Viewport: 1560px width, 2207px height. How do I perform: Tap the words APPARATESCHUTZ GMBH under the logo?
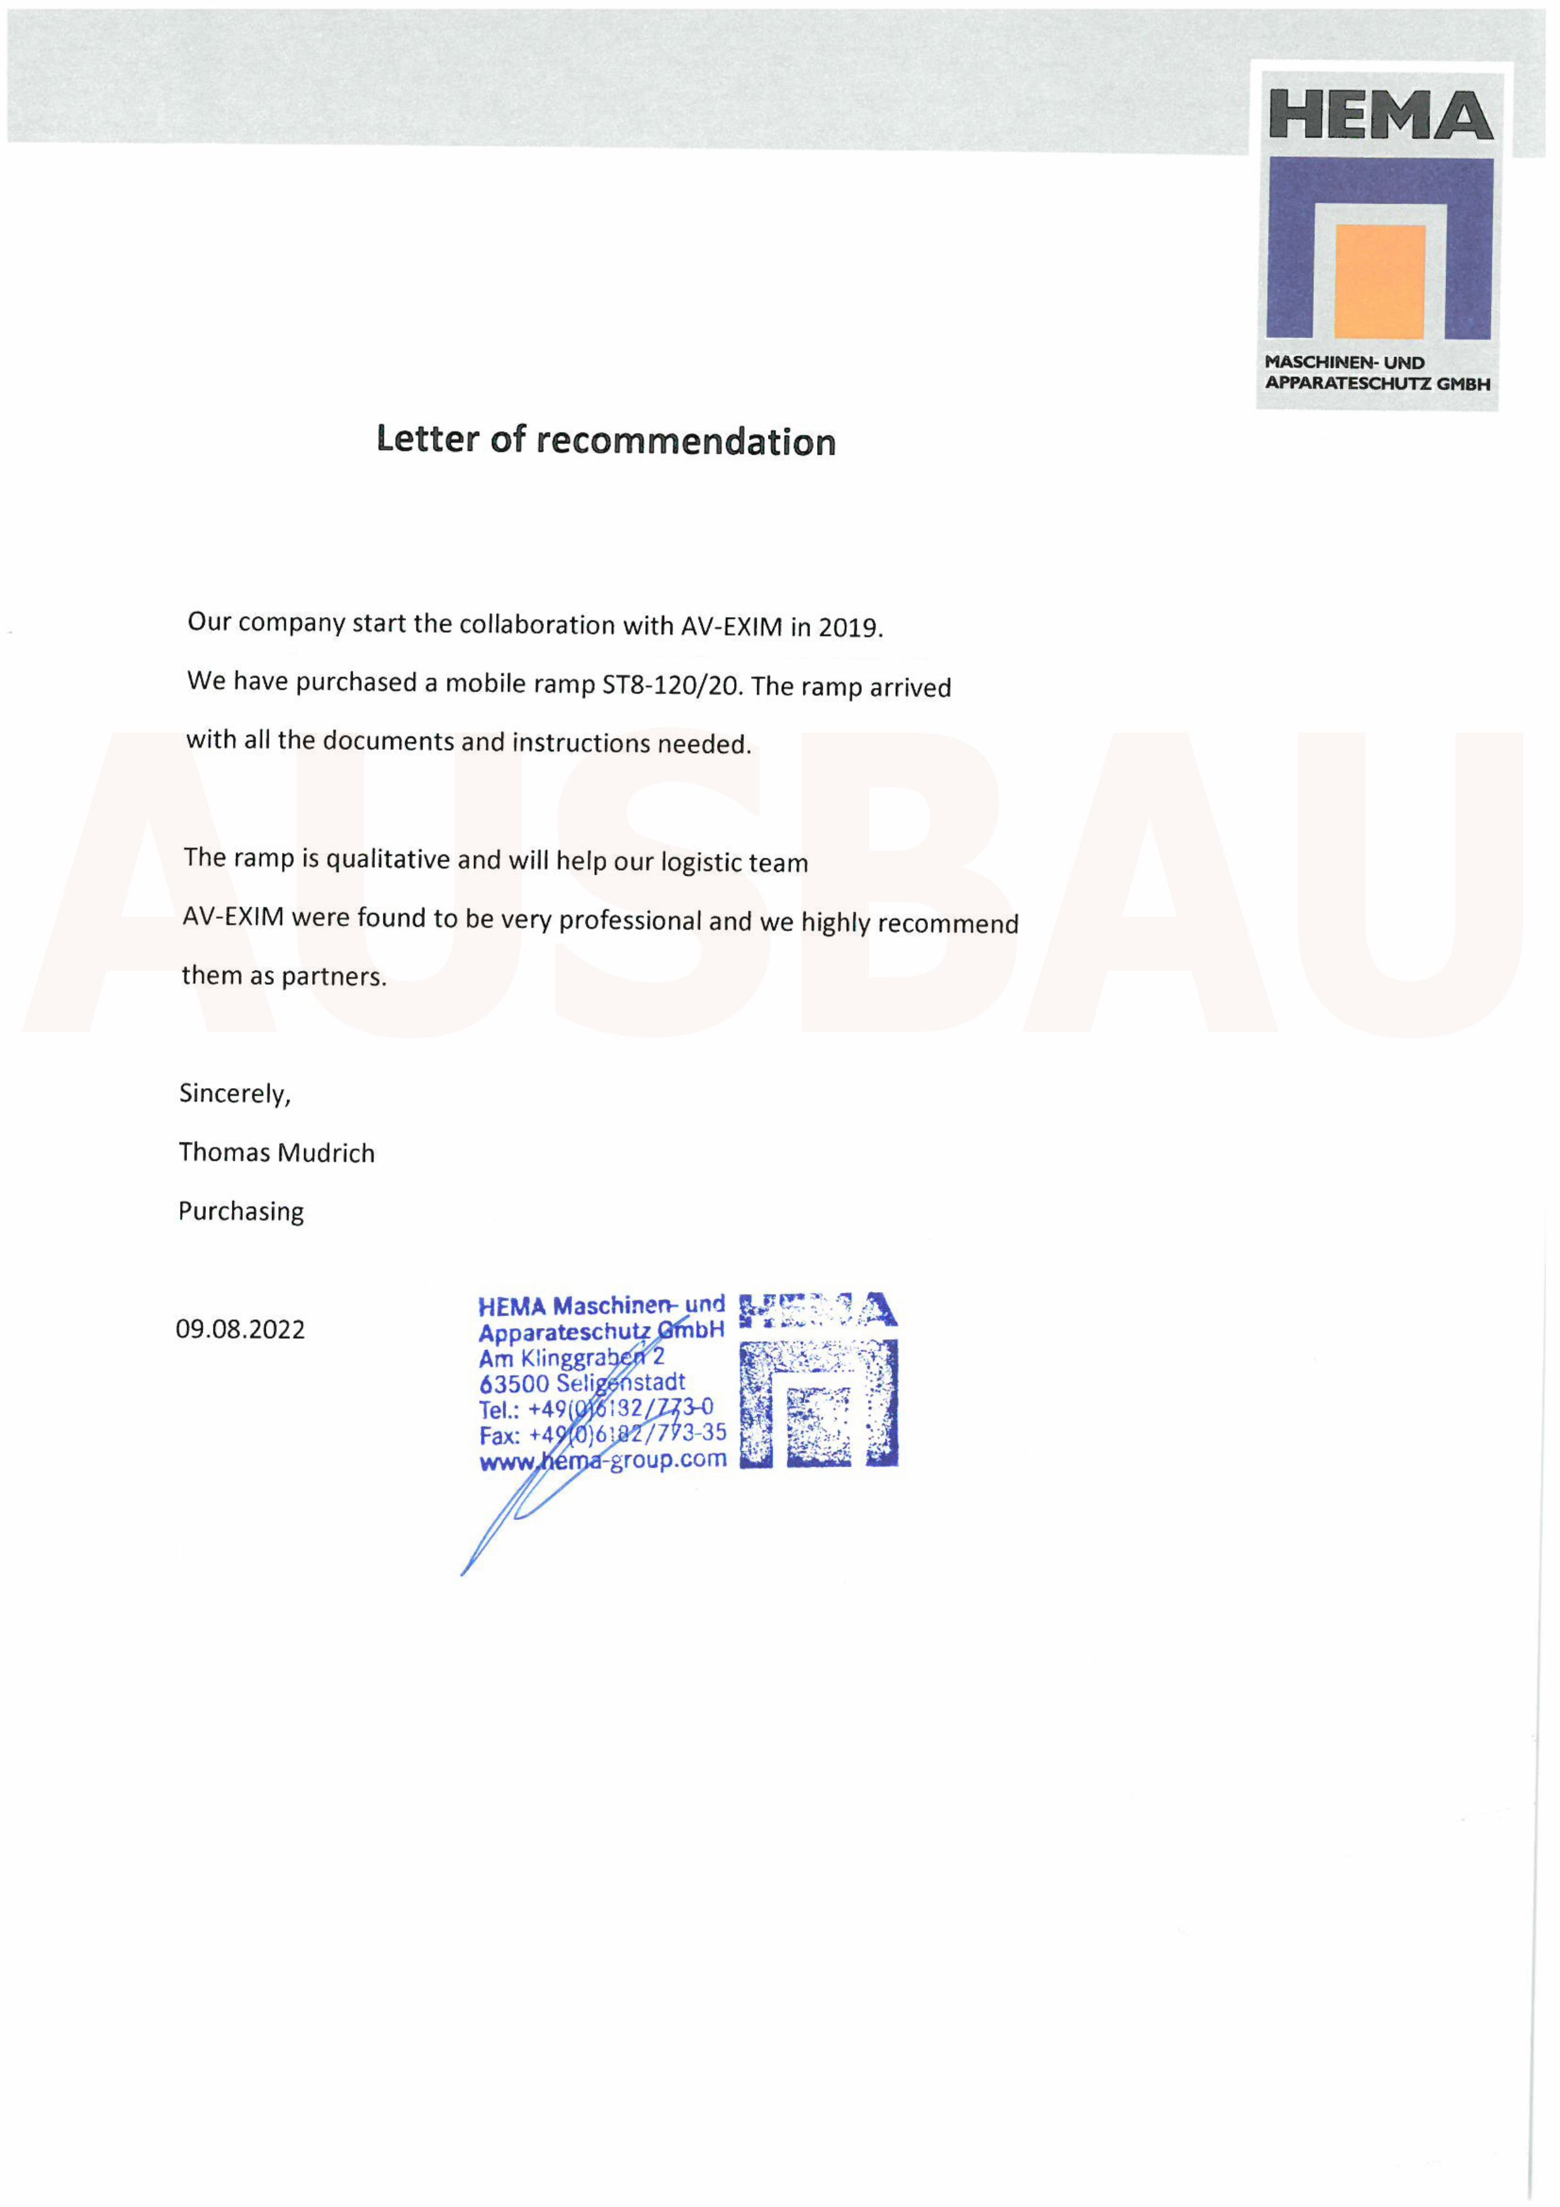tap(1376, 383)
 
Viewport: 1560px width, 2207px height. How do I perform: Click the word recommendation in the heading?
tap(686, 442)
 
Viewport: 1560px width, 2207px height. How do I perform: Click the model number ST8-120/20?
tap(672, 685)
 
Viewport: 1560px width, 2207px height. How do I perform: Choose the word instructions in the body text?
tap(580, 742)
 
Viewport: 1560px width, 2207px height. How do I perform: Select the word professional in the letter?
tap(630, 920)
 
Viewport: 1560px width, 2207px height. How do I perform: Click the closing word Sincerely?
tap(234, 1093)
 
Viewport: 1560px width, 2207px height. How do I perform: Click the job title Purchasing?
tap(240, 1211)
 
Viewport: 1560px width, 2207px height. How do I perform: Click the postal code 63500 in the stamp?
tap(514, 1384)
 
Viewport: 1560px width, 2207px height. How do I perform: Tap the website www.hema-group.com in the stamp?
tap(602, 1460)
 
